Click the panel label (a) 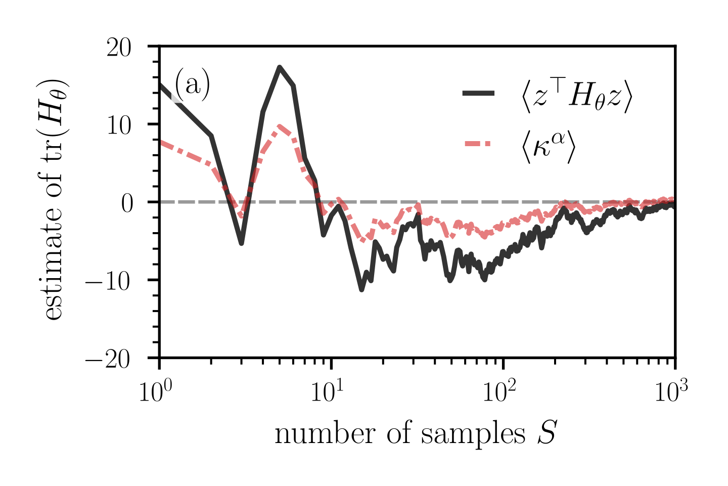(x=192, y=85)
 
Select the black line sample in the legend (x=478, y=94)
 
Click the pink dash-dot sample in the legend (x=478, y=144)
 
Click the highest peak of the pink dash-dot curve (x=280, y=125)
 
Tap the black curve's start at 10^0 (x=160, y=84)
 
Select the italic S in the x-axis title (x=547, y=434)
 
